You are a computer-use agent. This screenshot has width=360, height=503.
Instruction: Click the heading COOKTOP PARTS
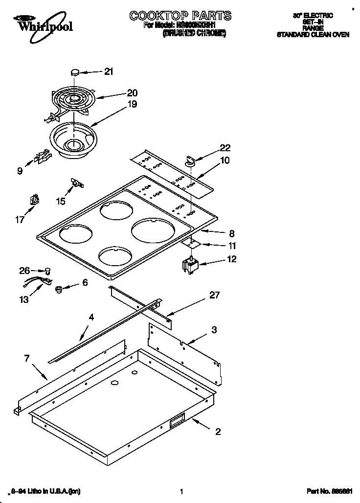coord(180,16)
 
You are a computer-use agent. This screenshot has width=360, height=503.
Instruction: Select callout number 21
coord(108,71)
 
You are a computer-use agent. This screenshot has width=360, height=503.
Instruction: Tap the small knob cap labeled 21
coord(75,72)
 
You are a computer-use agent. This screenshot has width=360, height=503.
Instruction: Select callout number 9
coord(20,171)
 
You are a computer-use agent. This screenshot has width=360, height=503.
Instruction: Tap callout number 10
coord(225,160)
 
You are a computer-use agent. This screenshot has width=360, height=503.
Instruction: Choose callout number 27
coord(214,295)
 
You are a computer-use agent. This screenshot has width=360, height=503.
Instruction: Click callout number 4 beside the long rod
coord(91,318)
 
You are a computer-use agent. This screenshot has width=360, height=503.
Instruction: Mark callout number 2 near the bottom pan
coord(218,431)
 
